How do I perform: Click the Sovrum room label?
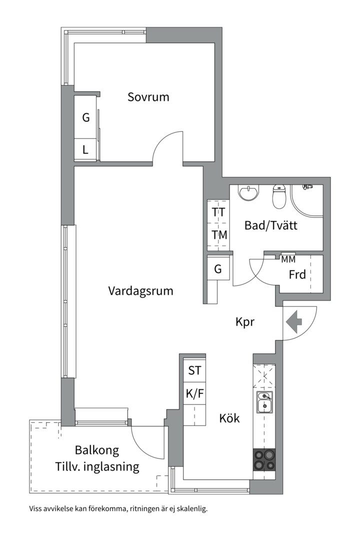point(148,97)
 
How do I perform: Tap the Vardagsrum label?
point(140,291)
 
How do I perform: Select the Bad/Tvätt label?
point(271,225)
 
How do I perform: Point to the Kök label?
point(229,418)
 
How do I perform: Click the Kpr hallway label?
point(245,322)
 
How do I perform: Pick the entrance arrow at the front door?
point(294,322)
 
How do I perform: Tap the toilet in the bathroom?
point(279,196)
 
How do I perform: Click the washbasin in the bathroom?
point(248,193)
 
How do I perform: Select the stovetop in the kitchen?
point(264,460)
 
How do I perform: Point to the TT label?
point(218,212)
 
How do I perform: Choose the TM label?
point(219,235)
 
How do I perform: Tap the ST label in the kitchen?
point(194,370)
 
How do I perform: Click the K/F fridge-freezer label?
point(195,393)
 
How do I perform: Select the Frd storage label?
point(297,274)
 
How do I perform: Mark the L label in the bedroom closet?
point(85,150)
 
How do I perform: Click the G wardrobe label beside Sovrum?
point(86,118)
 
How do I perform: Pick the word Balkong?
point(97,450)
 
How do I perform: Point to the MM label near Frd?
point(288,259)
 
